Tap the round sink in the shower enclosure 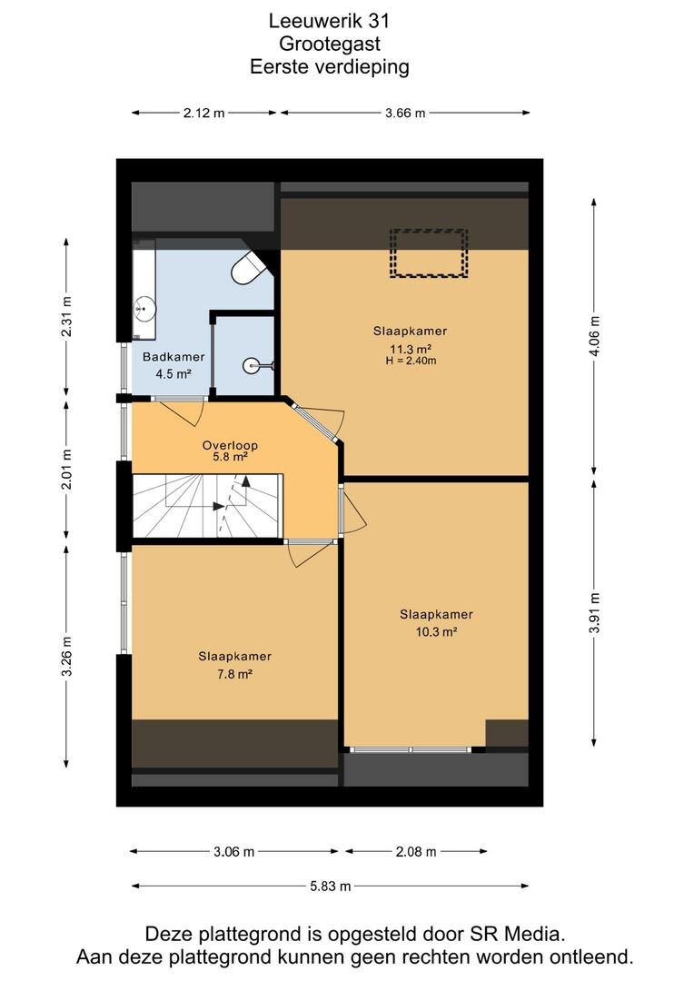[x=253, y=363]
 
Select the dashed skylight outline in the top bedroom [x=429, y=253]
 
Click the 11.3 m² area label [x=411, y=349]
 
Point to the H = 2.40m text [x=411, y=361]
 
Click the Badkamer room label [x=173, y=357]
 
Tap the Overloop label [x=230, y=445]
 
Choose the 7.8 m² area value [x=234, y=674]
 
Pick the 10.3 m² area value [x=436, y=632]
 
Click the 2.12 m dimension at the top [x=204, y=114]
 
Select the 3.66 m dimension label [x=405, y=114]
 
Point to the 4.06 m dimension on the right [x=594, y=336]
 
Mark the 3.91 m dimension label [x=594, y=613]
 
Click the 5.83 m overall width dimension [x=331, y=886]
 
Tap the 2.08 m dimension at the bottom [x=415, y=851]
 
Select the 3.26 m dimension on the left [x=66, y=656]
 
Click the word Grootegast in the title [x=329, y=45]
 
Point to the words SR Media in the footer [x=518, y=934]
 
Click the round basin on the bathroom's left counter [x=144, y=309]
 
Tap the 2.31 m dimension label [x=66, y=316]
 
